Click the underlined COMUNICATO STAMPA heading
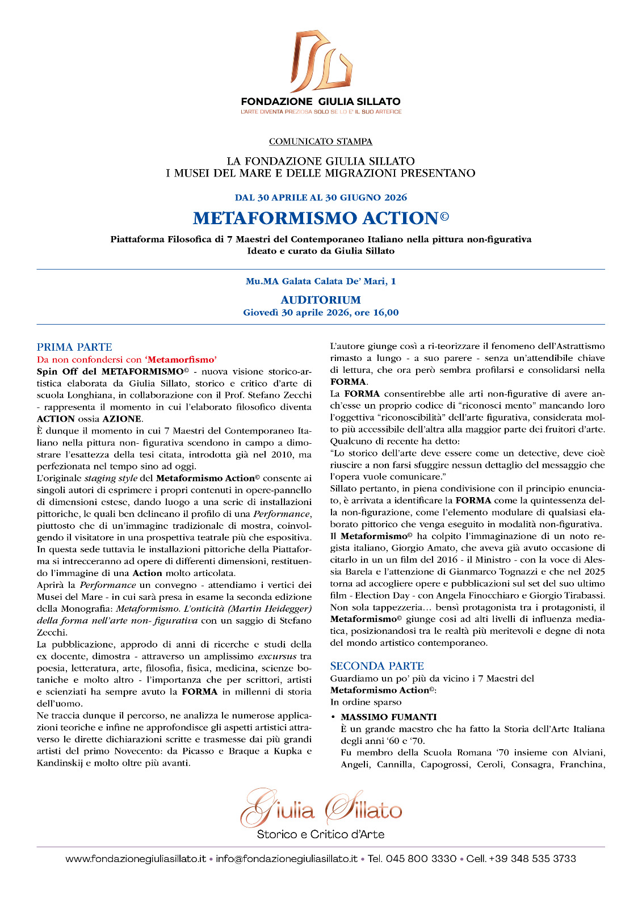coord(321,141)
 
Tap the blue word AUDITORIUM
coord(321,300)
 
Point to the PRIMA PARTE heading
coord(74,347)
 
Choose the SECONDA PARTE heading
coord(377,666)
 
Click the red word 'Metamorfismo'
coord(181,359)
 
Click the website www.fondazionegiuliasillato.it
coord(136,859)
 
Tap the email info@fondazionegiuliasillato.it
coord(287,859)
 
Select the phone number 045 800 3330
coord(421,859)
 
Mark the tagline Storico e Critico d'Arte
coord(321,834)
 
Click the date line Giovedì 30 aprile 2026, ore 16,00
coord(321,313)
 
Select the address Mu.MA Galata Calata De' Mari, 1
coord(321,281)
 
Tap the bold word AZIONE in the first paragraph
coord(121,419)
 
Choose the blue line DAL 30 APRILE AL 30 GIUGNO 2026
coord(321,197)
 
